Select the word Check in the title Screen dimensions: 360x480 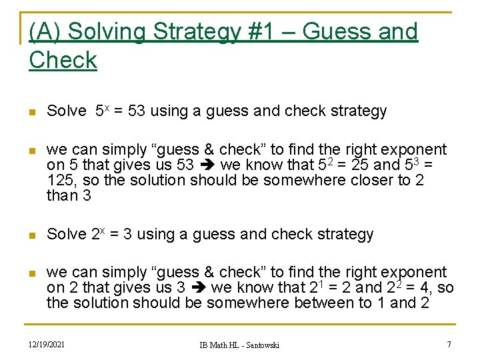pos(63,60)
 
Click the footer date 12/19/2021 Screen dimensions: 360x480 pos(47,344)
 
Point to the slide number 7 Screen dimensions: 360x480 pos(449,344)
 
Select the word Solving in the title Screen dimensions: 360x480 pos(107,31)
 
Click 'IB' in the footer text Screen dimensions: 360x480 pos(203,345)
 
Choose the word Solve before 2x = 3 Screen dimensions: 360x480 pos(66,235)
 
